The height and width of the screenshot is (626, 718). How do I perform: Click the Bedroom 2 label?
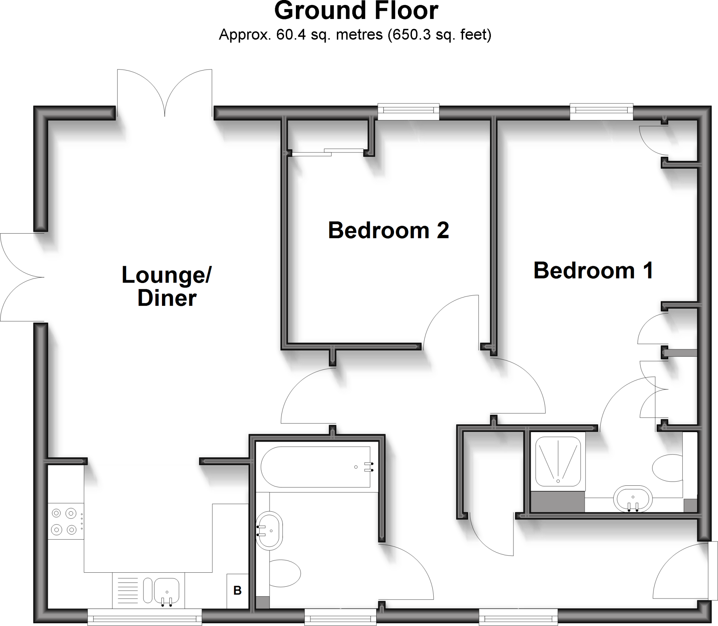[x=388, y=231]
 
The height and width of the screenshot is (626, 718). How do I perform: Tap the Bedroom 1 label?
[x=593, y=271]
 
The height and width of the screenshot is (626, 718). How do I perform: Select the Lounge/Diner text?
[x=167, y=286]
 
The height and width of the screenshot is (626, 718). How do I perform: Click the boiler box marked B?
[x=237, y=591]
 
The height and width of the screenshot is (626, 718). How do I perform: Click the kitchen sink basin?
[x=167, y=590]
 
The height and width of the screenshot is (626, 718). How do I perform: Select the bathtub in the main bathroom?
[x=316, y=467]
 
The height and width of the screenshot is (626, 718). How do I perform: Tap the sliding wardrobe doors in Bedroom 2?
[x=328, y=152]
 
